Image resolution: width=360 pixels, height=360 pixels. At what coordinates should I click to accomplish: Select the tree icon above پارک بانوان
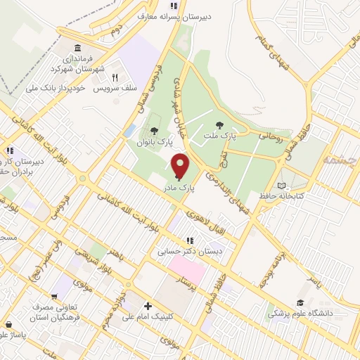[x=154, y=130]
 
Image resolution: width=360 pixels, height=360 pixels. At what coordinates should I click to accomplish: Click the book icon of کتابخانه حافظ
[x=283, y=184]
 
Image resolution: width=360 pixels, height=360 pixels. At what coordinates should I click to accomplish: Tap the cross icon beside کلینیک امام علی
[x=147, y=306]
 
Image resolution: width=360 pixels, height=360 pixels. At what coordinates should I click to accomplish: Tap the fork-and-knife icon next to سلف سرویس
[x=114, y=79]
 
